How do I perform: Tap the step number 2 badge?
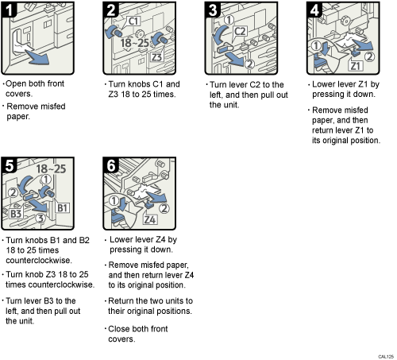(x=112, y=12)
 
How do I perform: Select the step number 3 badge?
(x=213, y=12)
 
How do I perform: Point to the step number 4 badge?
(x=314, y=12)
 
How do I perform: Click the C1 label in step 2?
(x=133, y=19)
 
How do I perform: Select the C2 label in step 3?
(x=241, y=32)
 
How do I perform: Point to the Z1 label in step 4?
(x=357, y=64)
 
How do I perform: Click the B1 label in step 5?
(x=64, y=208)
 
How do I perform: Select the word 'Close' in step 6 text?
(x=121, y=327)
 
